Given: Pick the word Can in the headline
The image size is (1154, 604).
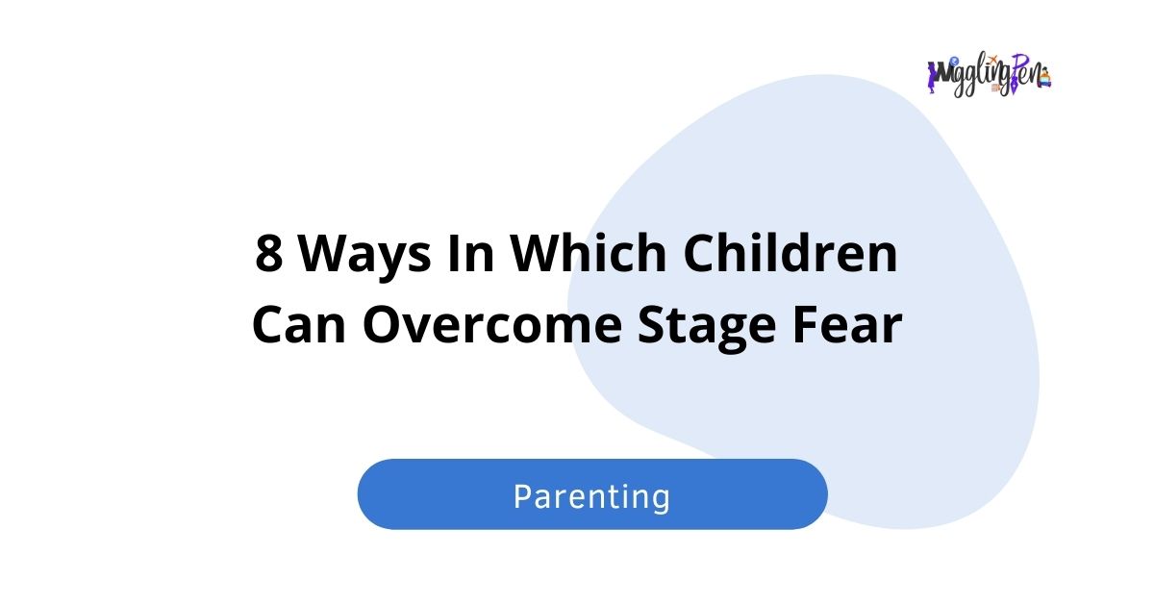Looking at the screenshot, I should click(x=300, y=326).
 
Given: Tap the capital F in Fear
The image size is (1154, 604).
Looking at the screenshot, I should click(x=800, y=326).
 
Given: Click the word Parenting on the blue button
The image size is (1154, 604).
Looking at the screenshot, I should click(x=591, y=496).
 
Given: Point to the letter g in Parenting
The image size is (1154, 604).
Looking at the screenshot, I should click(x=658, y=500).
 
